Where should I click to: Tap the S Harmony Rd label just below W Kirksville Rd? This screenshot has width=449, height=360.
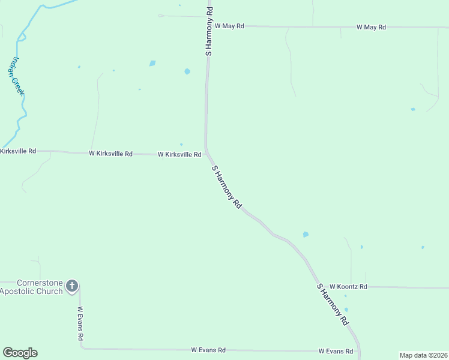pyautogui.click(x=227, y=187)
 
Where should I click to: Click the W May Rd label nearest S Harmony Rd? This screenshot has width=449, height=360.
pyautogui.click(x=229, y=26)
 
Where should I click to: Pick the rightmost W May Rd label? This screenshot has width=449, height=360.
pyautogui.click(x=371, y=27)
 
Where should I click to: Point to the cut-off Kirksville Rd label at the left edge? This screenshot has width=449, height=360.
pyautogui.click(x=18, y=151)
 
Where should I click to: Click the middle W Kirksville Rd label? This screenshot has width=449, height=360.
pyautogui.click(x=110, y=154)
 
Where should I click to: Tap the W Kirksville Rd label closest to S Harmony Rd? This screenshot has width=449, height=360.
pyautogui.click(x=179, y=155)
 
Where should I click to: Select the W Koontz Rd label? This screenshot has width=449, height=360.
pyautogui.click(x=348, y=287)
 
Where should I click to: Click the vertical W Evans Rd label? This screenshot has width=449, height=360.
pyautogui.click(x=80, y=324)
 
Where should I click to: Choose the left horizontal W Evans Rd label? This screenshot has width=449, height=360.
pyautogui.click(x=208, y=350)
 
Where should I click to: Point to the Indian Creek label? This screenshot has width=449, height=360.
pyautogui.click(x=16, y=76)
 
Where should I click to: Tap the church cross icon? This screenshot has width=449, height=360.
pyautogui.click(x=72, y=286)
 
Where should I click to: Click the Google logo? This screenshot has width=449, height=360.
pyautogui.click(x=20, y=353)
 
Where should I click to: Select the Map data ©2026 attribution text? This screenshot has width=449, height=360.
pyautogui.click(x=423, y=355)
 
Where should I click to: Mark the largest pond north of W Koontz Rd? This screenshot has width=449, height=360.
pyautogui.click(x=306, y=235)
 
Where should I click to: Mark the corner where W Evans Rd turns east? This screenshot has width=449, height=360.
pyautogui.click(x=82, y=348)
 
